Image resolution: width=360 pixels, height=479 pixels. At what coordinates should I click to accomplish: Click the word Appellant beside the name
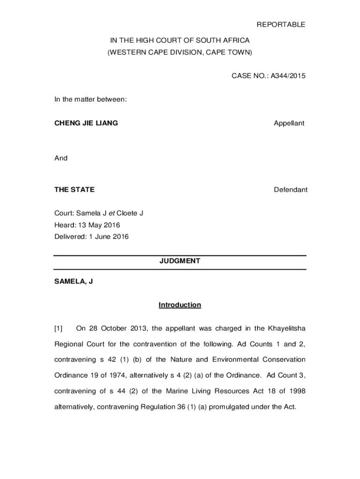289,123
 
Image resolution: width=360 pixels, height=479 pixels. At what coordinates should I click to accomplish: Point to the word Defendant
290,189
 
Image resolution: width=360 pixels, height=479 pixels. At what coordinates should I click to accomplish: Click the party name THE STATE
74,189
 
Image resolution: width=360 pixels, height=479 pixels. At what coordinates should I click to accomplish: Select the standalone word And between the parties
61,158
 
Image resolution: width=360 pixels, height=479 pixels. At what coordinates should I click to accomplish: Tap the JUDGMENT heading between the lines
180,261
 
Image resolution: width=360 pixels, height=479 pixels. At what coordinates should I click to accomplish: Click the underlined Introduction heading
180,305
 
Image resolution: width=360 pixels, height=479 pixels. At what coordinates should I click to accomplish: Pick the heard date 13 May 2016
99,225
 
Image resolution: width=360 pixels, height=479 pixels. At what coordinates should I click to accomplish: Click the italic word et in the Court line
112,213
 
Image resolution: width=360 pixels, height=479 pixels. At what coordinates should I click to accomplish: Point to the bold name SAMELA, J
73,282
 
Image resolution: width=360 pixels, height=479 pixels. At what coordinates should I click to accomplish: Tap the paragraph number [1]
58,328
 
